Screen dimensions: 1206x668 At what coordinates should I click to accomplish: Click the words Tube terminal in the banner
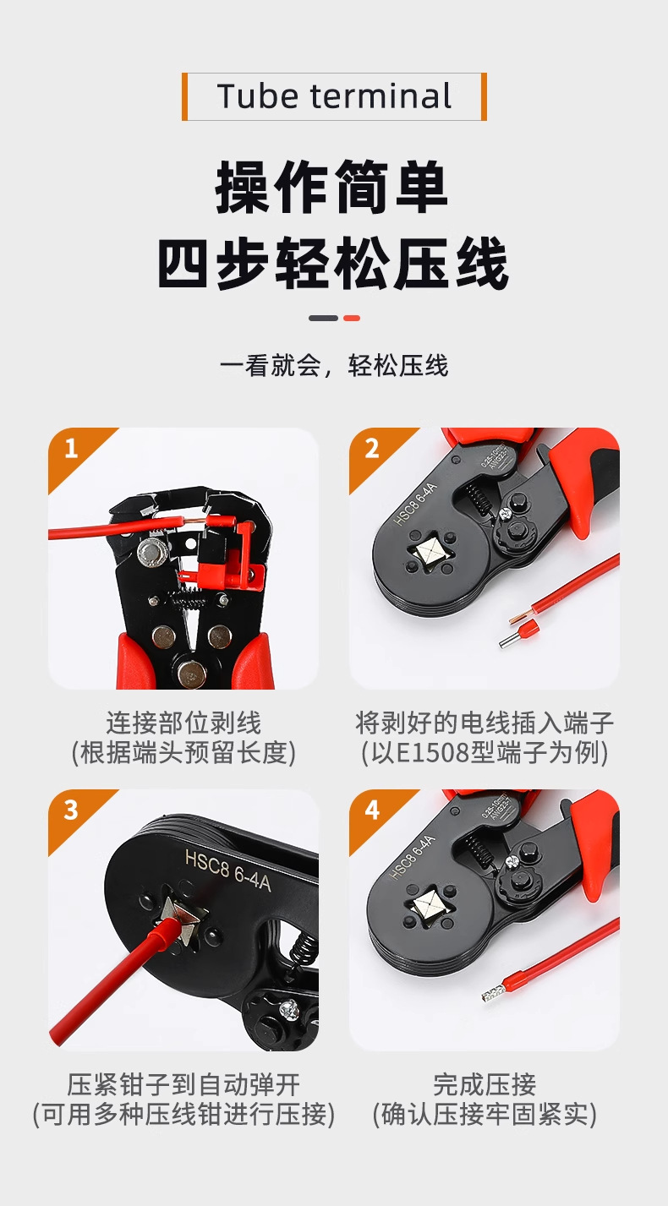[334, 96]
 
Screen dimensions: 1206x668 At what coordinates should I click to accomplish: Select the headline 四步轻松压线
[333, 264]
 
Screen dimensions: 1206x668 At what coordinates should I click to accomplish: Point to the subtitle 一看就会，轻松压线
[334, 366]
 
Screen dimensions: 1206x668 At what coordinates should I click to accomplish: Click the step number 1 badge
[71, 448]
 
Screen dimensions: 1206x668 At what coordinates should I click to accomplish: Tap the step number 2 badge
[371, 448]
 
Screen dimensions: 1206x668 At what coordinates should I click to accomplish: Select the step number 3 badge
[71, 810]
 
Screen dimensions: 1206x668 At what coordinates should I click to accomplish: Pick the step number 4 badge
[371, 810]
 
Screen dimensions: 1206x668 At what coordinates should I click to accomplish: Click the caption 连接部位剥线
[183, 723]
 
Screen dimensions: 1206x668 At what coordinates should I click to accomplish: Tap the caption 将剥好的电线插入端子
[485, 723]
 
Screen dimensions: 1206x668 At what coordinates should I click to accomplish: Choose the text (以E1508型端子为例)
[485, 752]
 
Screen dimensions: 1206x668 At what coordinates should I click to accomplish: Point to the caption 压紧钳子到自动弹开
[183, 1084]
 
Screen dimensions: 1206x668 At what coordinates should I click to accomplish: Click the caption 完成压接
[485, 1084]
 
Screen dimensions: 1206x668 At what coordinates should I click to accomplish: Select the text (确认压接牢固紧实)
[485, 1114]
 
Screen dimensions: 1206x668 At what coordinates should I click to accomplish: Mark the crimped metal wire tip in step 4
[490, 996]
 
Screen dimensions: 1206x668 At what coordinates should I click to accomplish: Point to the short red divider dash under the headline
[352, 319]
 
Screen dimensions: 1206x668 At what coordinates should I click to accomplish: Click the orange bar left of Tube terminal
[184, 96]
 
